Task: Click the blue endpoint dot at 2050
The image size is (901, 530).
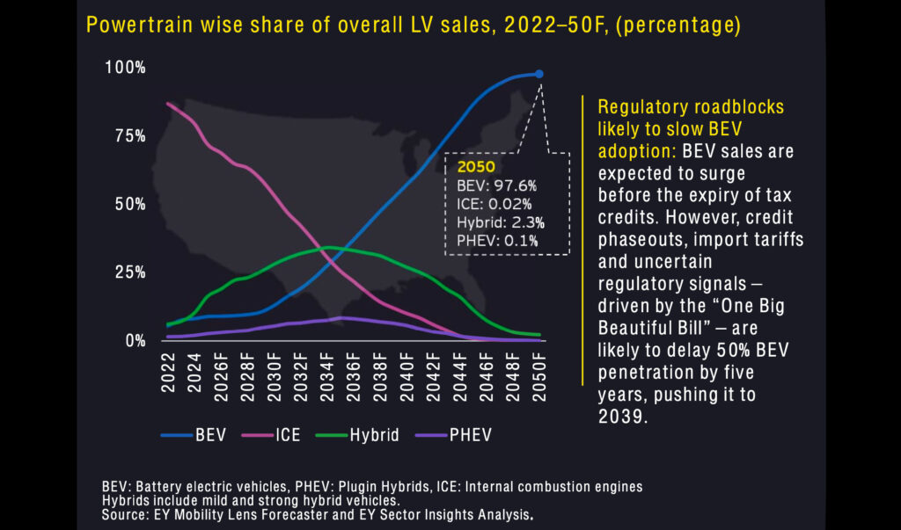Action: pos(539,75)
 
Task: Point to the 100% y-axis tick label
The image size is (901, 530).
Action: pos(125,68)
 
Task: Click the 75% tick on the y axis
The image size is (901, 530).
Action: pos(128,135)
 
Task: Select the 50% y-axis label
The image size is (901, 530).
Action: pos(128,204)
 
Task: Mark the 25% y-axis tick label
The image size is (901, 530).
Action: pos(128,272)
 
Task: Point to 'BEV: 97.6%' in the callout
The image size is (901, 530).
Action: pos(496,185)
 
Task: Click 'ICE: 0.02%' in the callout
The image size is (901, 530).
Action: pos(494,204)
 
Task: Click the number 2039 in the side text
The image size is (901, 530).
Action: pos(621,417)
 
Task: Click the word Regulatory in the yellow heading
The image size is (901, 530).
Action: pos(641,107)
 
